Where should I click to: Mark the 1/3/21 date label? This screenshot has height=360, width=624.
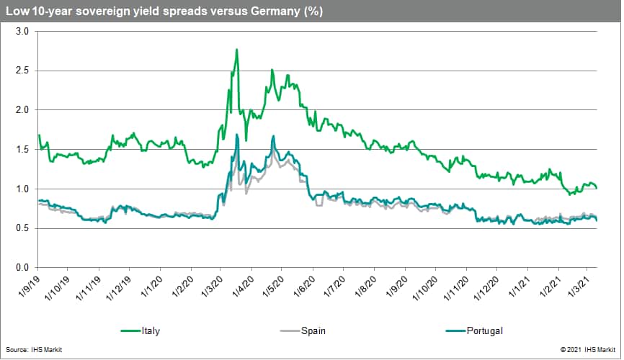coord(579,289)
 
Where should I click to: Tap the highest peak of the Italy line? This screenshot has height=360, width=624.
coord(236,50)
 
